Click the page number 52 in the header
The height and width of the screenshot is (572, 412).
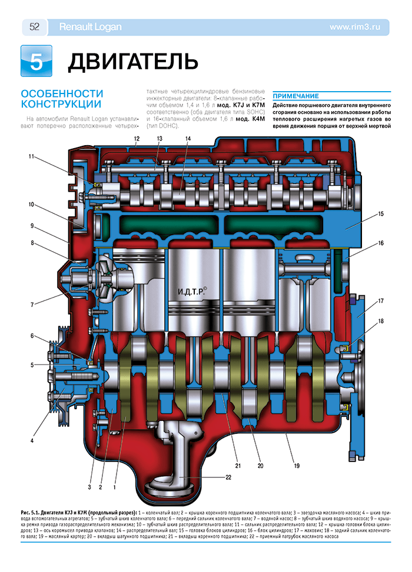coord(34,26)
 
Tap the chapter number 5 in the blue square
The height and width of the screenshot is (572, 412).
coord(36,61)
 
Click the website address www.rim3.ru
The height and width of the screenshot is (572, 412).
coord(359,26)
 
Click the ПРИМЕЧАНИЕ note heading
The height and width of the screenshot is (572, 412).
coord(296,96)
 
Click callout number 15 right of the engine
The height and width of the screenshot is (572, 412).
coord(381,213)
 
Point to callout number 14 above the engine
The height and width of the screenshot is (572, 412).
coord(187,139)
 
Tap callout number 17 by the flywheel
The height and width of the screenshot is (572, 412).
coord(381,301)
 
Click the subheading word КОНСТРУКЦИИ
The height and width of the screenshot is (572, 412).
coord(59,105)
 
